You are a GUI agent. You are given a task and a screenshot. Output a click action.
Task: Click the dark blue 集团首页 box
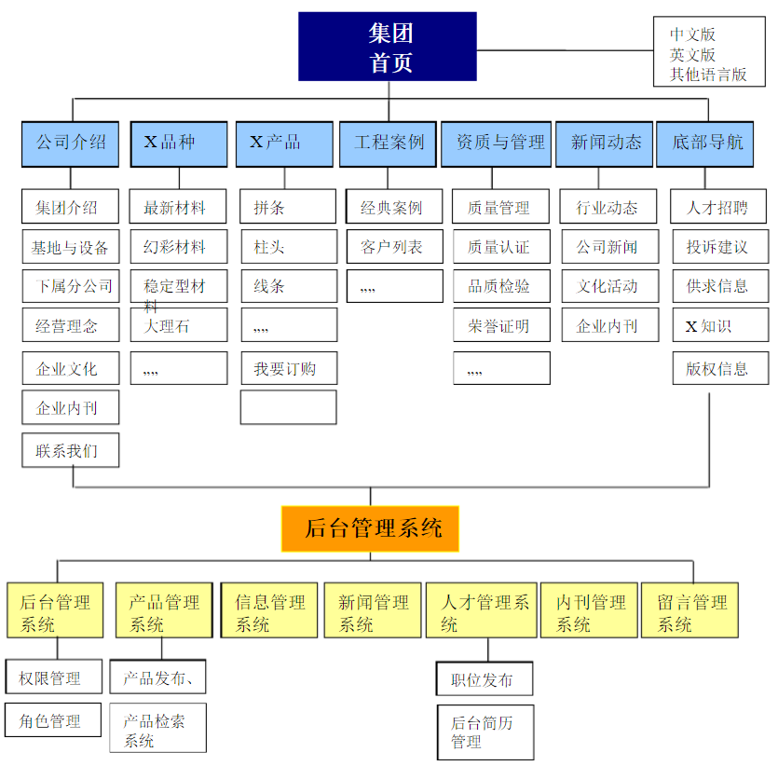388,47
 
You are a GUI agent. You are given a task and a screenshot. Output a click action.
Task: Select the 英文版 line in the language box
692,55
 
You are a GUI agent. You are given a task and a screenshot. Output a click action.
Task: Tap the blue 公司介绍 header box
71,144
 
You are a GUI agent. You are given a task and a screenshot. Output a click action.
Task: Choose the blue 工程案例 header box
388,144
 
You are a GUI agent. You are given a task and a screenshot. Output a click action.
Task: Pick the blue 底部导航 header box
705,144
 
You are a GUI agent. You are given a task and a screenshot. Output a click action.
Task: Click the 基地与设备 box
71,247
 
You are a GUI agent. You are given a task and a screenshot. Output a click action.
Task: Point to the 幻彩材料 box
179,247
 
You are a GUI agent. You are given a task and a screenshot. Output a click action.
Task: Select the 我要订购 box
289,368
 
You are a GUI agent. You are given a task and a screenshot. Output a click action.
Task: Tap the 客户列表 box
395,247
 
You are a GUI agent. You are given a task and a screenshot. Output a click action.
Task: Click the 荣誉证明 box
501,325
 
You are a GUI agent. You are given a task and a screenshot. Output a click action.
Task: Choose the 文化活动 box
610,286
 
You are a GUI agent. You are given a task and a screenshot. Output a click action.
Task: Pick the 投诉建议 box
721,247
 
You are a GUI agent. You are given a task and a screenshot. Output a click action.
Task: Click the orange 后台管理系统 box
370,529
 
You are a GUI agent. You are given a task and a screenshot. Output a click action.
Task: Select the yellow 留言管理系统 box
689,610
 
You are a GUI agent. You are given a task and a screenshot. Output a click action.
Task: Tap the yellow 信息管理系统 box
269,610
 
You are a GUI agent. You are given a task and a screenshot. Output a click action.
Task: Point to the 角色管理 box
53,719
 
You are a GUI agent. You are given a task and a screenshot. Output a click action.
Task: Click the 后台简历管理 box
485,732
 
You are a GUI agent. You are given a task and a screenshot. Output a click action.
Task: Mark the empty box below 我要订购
288,407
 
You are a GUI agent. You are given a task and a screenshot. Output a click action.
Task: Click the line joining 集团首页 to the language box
566,50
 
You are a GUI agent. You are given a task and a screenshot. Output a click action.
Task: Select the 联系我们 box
71,450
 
